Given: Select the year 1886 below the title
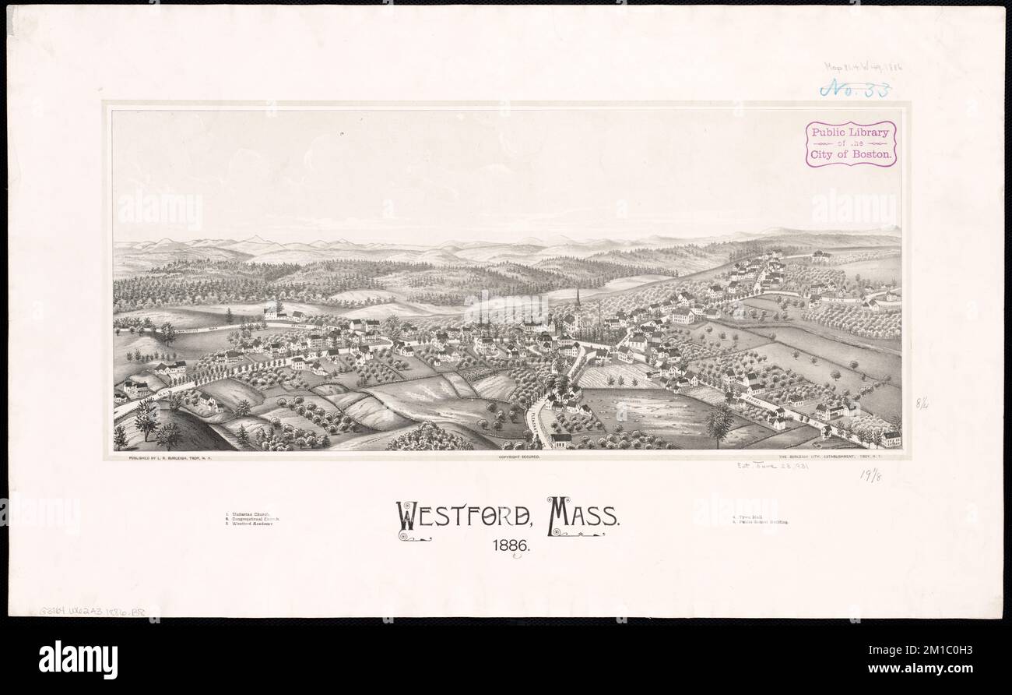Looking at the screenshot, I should [511, 546].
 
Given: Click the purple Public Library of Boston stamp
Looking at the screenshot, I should [850, 143].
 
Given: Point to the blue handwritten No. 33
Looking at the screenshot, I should [855, 89].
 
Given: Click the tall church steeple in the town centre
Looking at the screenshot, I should [578, 304].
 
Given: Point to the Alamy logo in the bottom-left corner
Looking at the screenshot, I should [78, 660].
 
